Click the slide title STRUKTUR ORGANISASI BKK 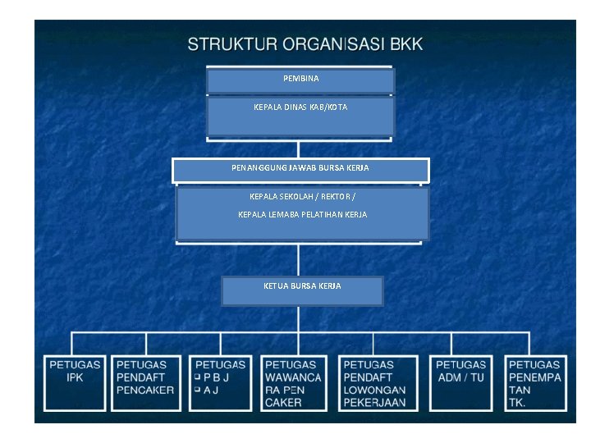(x=305, y=44)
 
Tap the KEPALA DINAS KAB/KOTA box (x=300, y=116)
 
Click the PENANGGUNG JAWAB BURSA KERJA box (x=300, y=169)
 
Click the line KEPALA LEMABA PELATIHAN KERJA (x=302, y=215)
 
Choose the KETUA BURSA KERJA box (x=302, y=290)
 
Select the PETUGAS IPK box (x=75, y=382)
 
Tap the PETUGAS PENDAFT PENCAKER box (x=146, y=382)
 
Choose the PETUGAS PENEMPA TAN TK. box (x=535, y=382)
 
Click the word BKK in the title (x=406, y=44)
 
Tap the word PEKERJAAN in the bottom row (x=374, y=403)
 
